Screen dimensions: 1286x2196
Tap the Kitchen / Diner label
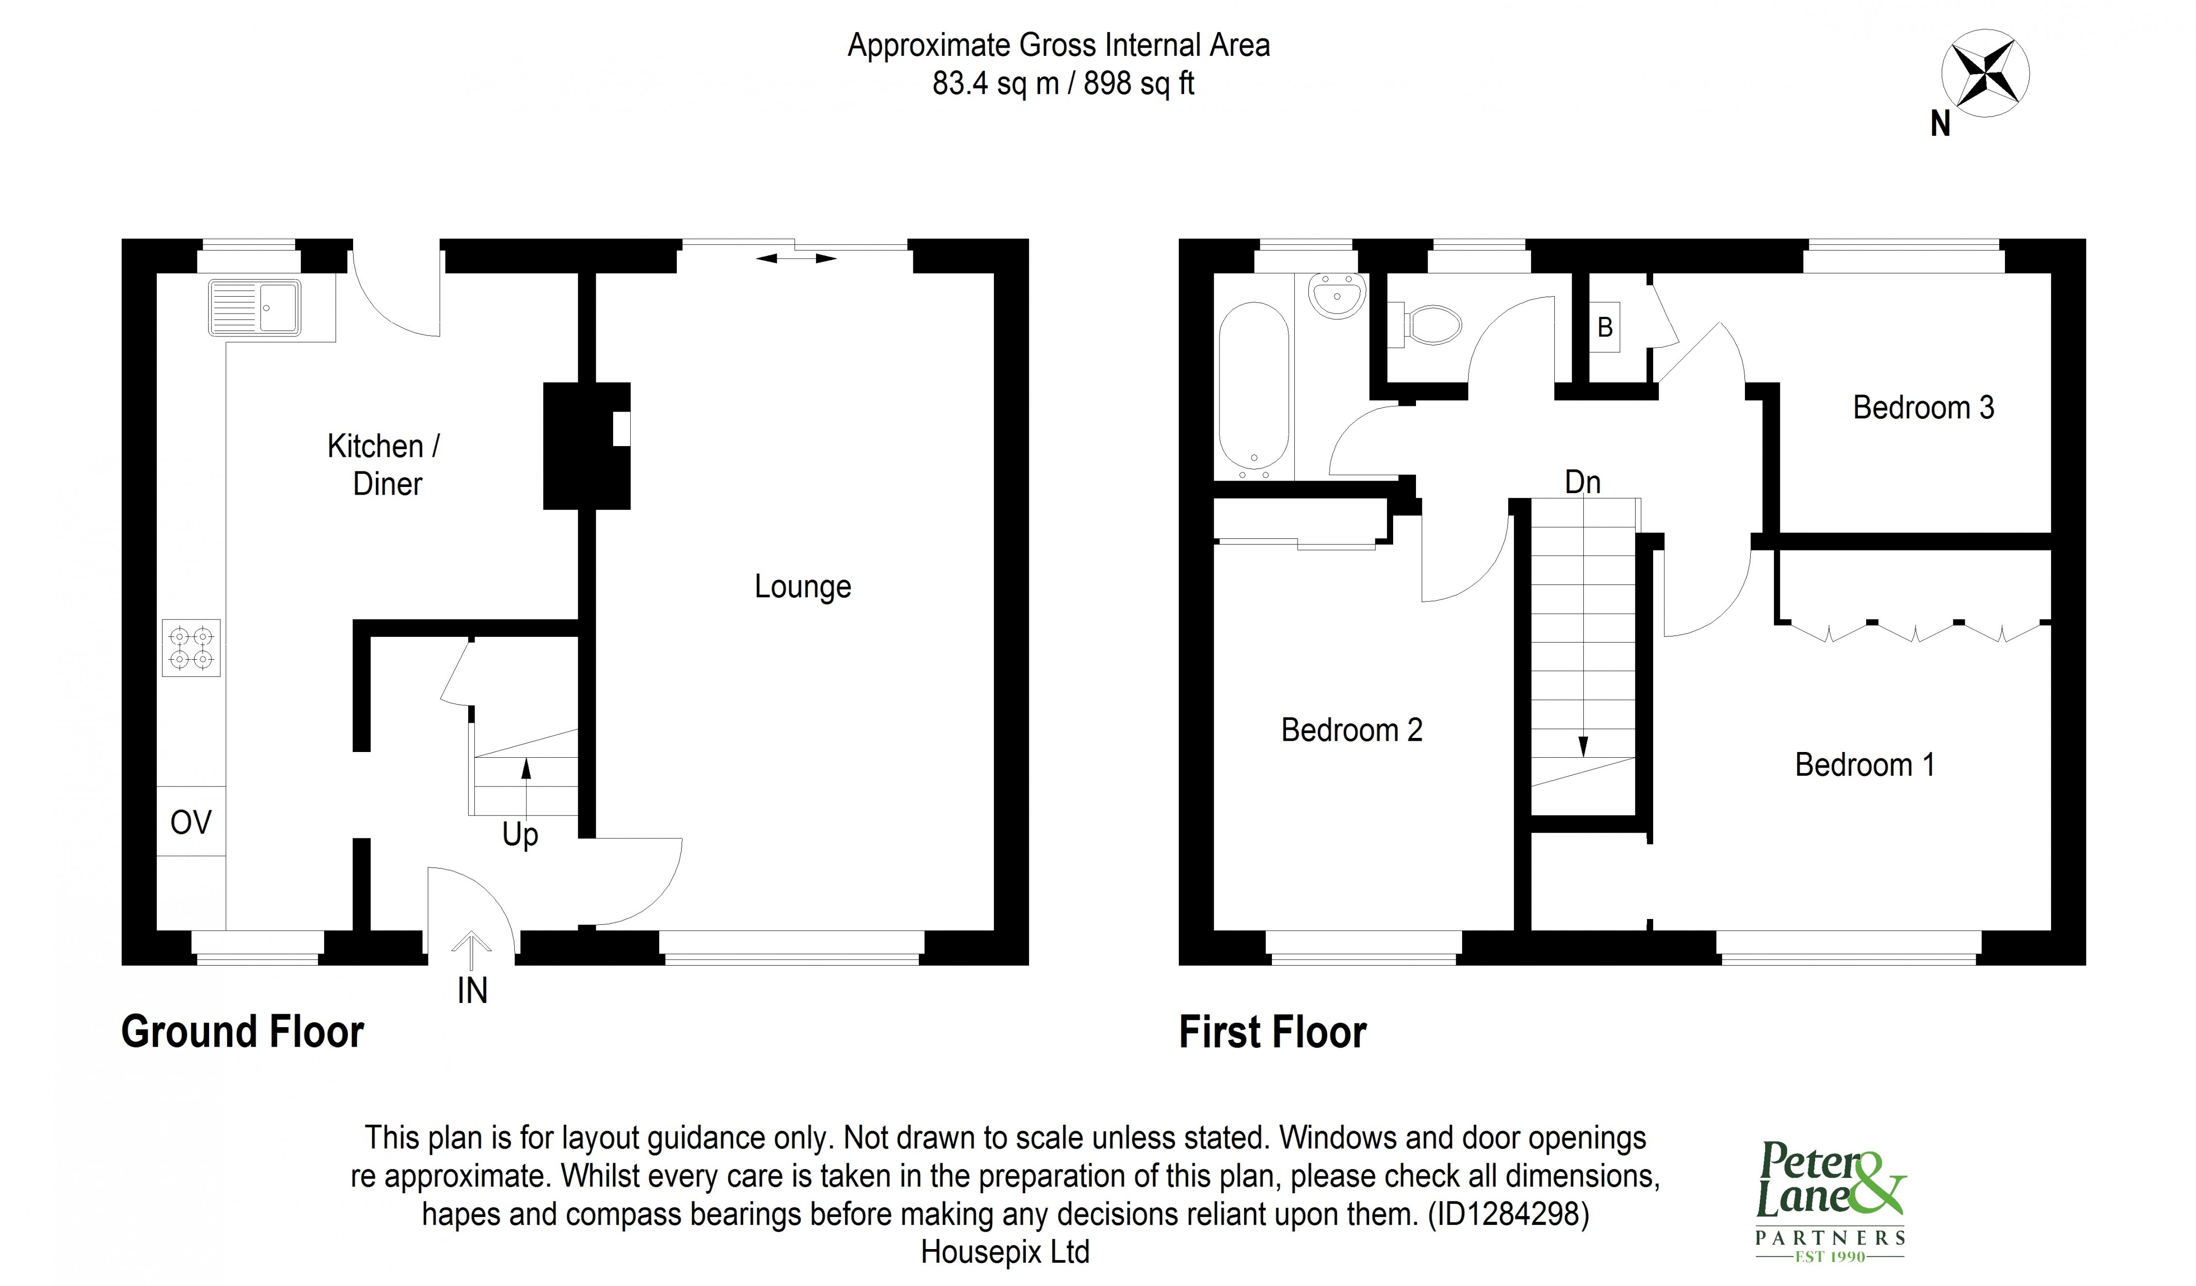pyautogui.click(x=384, y=465)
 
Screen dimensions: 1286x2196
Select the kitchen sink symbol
pyautogui.click(x=255, y=308)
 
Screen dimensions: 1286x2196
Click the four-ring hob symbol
pyautogui.click(x=191, y=648)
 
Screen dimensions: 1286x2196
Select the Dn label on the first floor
pyautogui.click(x=1582, y=482)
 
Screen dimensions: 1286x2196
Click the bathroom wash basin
pyautogui.click(x=1336, y=297)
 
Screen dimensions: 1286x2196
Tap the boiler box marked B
pyautogui.click(x=1604, y=328)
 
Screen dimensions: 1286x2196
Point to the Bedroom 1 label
pyautogui.click(x=1864, y=765)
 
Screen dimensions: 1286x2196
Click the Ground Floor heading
pyautogui.click(x=242, y=1032)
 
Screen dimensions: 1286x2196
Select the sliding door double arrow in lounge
pyautogui.click(x=796, y=258)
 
